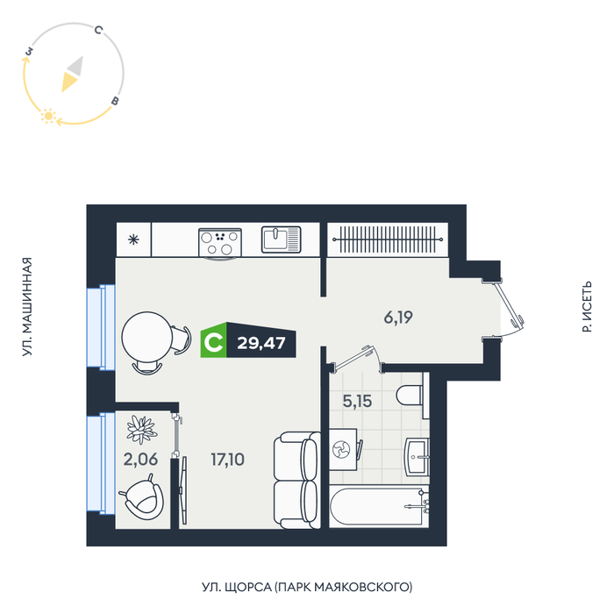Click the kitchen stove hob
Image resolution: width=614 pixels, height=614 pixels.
pyautogui.click(x=220, y=243)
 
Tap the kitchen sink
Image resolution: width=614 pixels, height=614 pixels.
pyautogui.click(x=282, y=239)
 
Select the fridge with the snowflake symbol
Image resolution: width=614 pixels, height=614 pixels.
pyautogui.click(x=133, y=239)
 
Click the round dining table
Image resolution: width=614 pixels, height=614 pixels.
pyautogui.click(x=146, y=337)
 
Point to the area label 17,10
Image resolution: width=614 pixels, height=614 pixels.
pyautogui.click(x=227, y=460)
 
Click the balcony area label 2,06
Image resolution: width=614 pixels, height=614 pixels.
pyautogui.click(x=140, y=460)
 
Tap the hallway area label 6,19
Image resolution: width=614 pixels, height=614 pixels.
pyautogui.click(x=398, y=318)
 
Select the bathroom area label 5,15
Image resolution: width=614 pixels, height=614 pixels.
pyautogui.click(x=357, y=401)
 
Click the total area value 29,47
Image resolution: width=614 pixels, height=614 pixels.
pyautogui.click(x=261, y=343)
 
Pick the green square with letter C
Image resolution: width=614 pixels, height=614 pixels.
pyautogui.click(x=213, y=340)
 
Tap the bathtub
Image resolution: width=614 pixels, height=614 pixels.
pyautogui.click(x=379, y=507)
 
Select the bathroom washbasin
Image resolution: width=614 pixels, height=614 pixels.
pyautogui.click(x=417, y=457)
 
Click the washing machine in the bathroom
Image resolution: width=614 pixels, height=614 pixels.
pyautogui.click(x=343, y=449)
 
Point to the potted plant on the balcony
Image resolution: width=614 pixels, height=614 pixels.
pyautogui.click(x=142, y=429)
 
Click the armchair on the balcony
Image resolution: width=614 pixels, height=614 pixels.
pyautogui.click(x=142, y=498)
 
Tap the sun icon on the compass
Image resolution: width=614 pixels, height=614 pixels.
pyautogui.click(x=48, y=116)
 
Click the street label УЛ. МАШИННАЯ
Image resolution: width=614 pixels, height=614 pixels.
pyautogui.click(x=27, y=307)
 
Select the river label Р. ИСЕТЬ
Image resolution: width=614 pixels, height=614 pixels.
pyautogui.click(x=587, y=307)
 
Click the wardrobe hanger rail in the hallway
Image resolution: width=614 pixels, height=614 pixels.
pyautogui.click(x=388, y=239)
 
